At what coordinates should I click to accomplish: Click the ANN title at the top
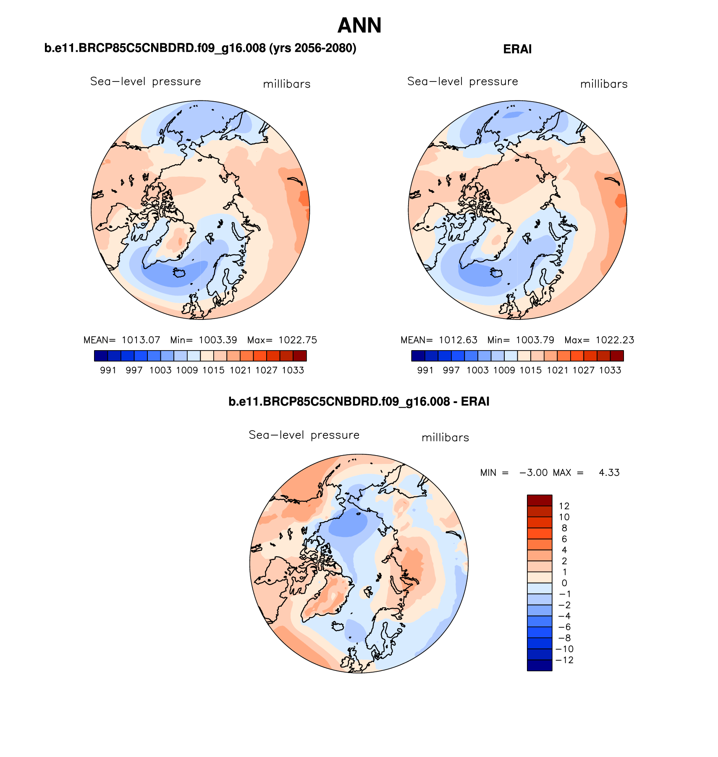(x=359, y=26)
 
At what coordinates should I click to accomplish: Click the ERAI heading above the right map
(x=517, y=50)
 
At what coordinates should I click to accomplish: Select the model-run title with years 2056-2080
(x=200, y=48)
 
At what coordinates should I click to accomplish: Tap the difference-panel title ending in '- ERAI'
(x=359, y=402)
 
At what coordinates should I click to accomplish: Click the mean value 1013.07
(x=141, y=340)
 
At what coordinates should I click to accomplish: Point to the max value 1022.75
(x=298, y=340)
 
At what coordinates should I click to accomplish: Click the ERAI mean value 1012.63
(x=458, y=340)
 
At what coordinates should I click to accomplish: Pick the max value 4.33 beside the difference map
(x=609, y=473)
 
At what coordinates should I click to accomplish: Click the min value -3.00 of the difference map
(x=533, y=473)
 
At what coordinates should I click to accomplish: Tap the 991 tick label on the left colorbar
(x=108, y=370)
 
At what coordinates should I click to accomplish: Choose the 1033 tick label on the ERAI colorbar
(x=610, y=370)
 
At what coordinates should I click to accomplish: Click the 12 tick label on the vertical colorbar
(x=564, y=506)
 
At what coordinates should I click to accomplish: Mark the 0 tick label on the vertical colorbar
(x=564, y=583)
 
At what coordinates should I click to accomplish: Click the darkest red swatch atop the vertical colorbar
(x=540, y=500)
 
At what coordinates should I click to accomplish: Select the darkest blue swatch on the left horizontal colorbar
(x=101, y=356)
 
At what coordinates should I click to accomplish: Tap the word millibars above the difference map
(x=445, y=438)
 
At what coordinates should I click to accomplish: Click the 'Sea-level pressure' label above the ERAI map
(x=463, y=81)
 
